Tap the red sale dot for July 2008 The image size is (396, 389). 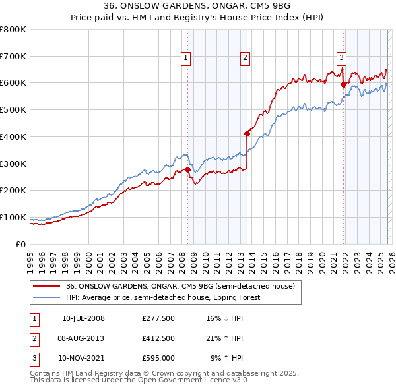[187, 169]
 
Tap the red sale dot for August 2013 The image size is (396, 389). [247, 133]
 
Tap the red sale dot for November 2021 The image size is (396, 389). [343, 84]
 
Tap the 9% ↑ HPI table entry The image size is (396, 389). [226, 358]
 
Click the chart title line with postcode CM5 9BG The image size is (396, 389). [197, 7]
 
